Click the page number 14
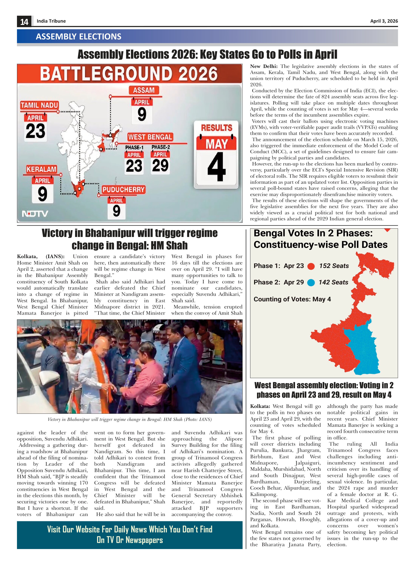(24, 22)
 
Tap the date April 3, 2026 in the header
(384, 21)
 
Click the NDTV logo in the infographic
(35, 214)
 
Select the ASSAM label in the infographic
(144, 90)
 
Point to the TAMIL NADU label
(39, 105)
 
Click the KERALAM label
(41, 169)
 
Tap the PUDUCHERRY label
(124, 189)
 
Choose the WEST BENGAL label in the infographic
(150, 137)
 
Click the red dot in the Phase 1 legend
(311, 266)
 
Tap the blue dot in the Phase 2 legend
(311, 283)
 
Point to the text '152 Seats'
(334, 266)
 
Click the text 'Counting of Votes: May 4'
(292, 299)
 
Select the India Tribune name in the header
(51, 21)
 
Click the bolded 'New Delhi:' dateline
(264, 67)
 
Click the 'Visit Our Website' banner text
(130, 535)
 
